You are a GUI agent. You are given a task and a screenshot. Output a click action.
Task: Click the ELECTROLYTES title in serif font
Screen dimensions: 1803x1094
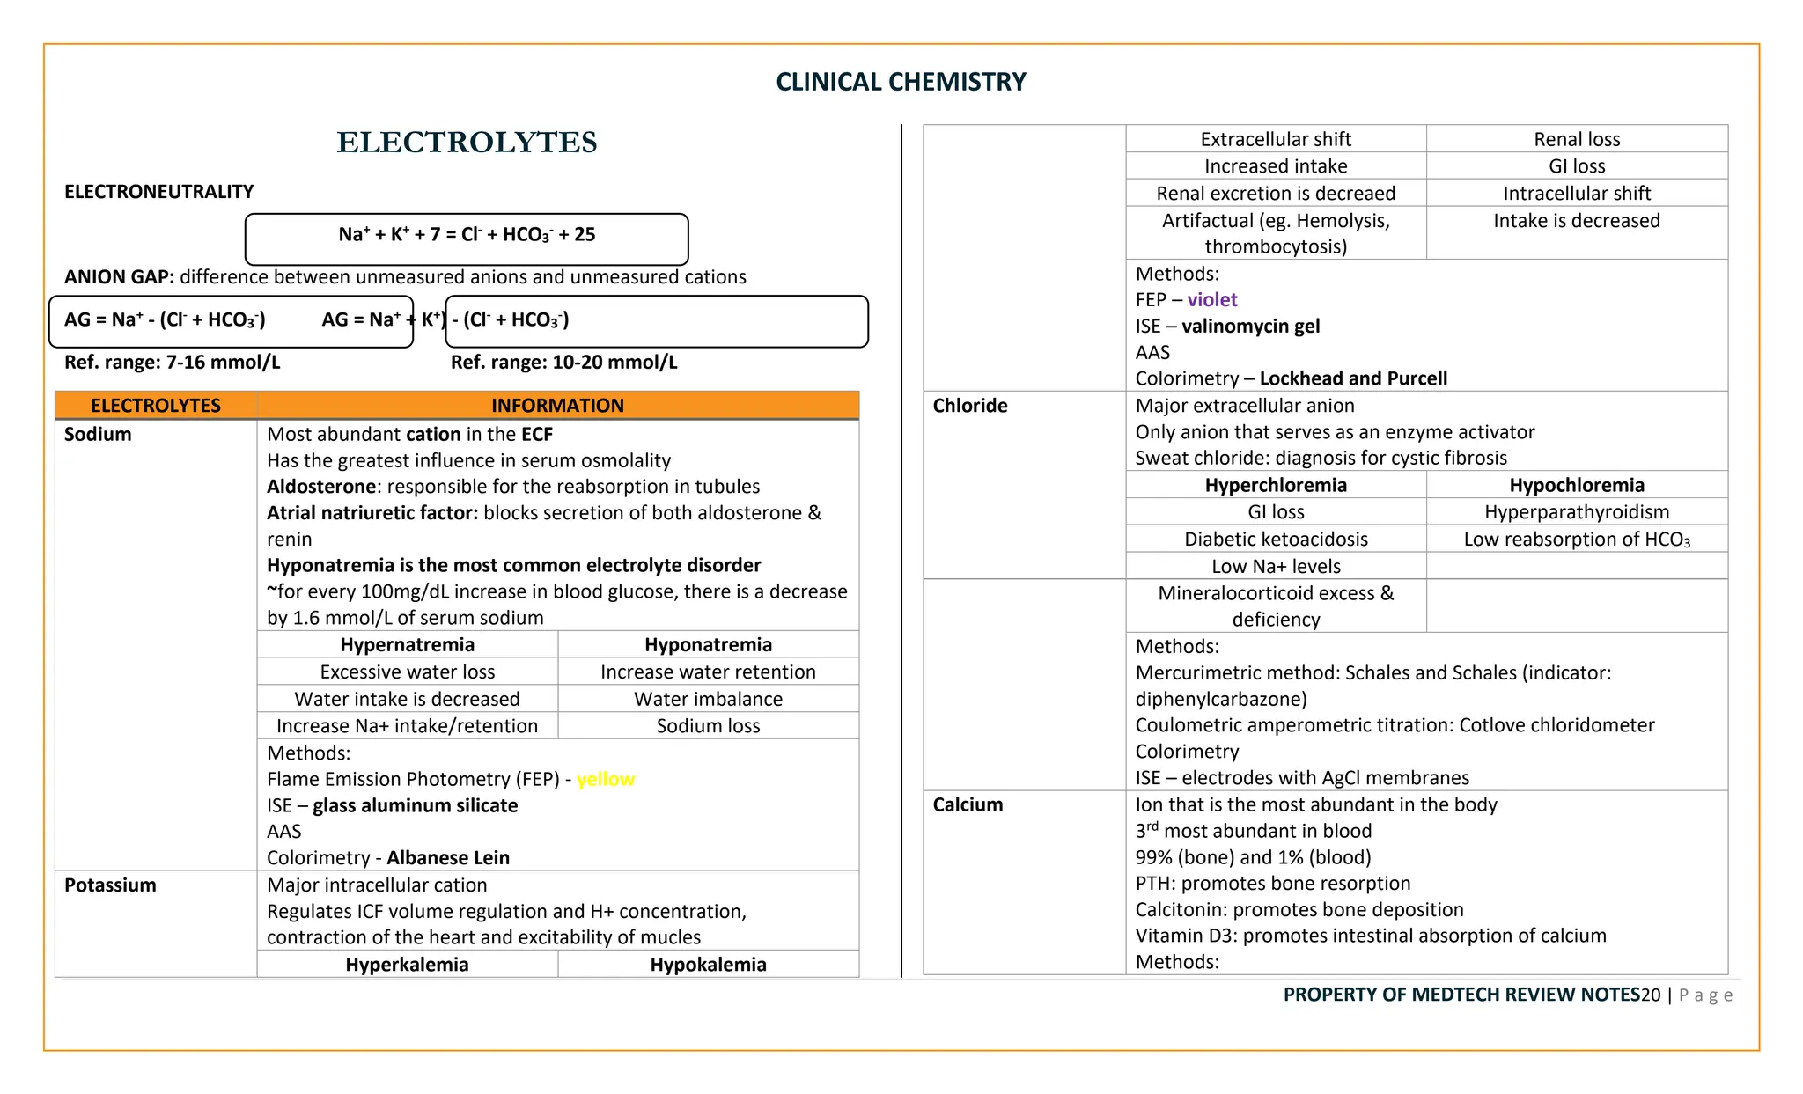tap(467, 143)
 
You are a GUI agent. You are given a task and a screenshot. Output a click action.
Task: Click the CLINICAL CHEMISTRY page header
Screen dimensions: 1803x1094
tap(901, 82)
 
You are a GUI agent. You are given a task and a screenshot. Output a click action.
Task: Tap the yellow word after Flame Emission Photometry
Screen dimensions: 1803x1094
tap(606, 779)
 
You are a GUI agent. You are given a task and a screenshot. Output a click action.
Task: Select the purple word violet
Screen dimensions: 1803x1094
tap(1211, 300)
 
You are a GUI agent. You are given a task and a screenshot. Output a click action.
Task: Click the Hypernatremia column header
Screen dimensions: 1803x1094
tap(407, 644)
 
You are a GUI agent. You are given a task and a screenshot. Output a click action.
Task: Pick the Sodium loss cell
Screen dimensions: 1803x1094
tap(708, 726)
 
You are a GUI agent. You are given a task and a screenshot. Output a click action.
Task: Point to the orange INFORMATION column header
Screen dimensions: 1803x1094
tap(557, 406)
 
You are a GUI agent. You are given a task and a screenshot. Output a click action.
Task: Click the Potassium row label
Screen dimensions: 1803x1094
tap(110, 885)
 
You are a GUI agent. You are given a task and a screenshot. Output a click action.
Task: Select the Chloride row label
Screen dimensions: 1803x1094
tap(969, 406)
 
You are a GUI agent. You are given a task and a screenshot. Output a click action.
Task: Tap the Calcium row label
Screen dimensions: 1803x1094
tap(968, 804)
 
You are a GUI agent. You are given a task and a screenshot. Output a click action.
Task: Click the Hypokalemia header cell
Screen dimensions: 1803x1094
tap(708, 965)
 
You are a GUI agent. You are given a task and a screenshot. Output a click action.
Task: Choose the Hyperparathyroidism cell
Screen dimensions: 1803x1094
tap(1576, 512)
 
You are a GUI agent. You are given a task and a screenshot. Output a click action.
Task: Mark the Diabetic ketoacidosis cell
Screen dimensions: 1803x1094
tap(1276, 540)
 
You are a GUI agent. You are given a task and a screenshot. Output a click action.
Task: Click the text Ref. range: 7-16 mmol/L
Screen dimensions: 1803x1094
tap(173, 363)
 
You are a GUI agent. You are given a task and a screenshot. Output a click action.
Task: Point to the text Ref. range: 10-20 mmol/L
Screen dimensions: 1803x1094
tap(563, 363)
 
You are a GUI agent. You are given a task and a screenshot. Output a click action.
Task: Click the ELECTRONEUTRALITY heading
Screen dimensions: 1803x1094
tap(158, 192)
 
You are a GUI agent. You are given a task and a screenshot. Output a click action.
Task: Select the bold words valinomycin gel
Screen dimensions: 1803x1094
tap(1250, 327)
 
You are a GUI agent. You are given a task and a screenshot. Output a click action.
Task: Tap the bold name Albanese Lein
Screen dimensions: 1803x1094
tap(448, 858)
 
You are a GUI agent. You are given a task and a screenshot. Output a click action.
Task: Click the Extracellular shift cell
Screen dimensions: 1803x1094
tap(1276, 139)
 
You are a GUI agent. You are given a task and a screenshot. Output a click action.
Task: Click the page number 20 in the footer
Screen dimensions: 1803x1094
tap(1650, 995)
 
